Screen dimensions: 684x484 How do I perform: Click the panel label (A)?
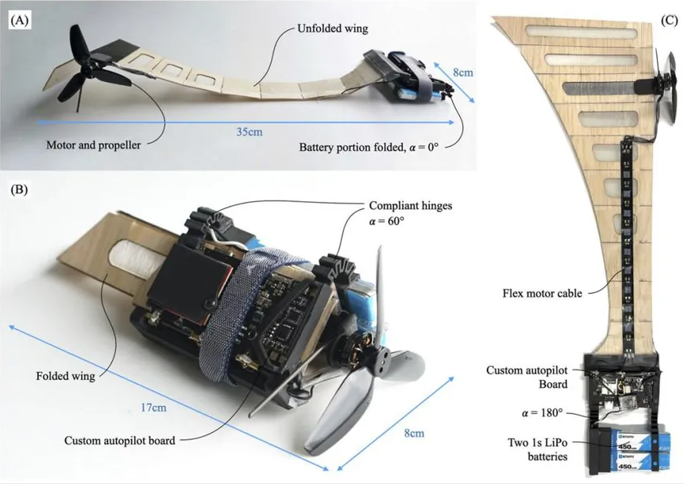click(20, 21)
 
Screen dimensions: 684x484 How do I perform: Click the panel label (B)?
click(19, 190)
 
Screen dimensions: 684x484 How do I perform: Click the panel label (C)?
click(669, 21)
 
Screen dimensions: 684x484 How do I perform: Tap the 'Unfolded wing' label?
click(332, 29)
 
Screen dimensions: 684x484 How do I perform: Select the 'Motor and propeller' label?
click(94, 145)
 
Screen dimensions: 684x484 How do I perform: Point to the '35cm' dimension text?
click(249, 131)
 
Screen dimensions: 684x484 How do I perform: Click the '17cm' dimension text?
click(153, 407)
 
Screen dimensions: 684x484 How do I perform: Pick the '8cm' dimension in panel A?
click(463, 72)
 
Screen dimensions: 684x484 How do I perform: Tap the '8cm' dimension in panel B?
click(414, 433)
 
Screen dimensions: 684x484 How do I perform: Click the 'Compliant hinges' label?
click(411, 206)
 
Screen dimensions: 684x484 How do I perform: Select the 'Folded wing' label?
click(65, 376)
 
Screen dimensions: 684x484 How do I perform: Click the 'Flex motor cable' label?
click(543, 292)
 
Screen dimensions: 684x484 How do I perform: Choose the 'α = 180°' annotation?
click(543, 412)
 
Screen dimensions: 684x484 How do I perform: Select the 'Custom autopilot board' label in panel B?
click(119, 440)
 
